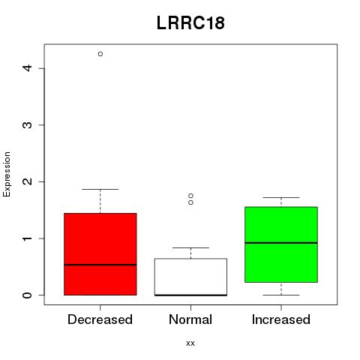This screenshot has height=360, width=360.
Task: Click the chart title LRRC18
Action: point(190,23)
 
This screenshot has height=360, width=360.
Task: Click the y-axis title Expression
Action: point(7,174)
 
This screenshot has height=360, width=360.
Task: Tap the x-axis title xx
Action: point(190,343)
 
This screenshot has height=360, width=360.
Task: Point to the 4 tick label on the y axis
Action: point(28,67)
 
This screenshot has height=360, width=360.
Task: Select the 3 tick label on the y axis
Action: point(28,124)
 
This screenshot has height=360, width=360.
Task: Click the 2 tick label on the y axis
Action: point(28,181)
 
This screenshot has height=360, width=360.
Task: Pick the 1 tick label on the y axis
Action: point(28,238)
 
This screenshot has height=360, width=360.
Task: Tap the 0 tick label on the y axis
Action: point(28,295)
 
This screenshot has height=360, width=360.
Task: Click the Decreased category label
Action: point(100,319)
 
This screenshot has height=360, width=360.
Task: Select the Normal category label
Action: point(190,319)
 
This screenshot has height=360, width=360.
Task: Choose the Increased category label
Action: point(281,319)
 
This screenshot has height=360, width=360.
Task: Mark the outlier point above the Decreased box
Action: point(100,54)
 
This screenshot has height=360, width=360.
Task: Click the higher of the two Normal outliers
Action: point(190,196)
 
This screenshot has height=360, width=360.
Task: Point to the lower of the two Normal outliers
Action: point(190,202)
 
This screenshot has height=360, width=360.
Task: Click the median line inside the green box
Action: point(281,243)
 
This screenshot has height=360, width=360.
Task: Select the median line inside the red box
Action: point(100,265)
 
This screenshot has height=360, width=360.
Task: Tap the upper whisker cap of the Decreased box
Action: point(100,189)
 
